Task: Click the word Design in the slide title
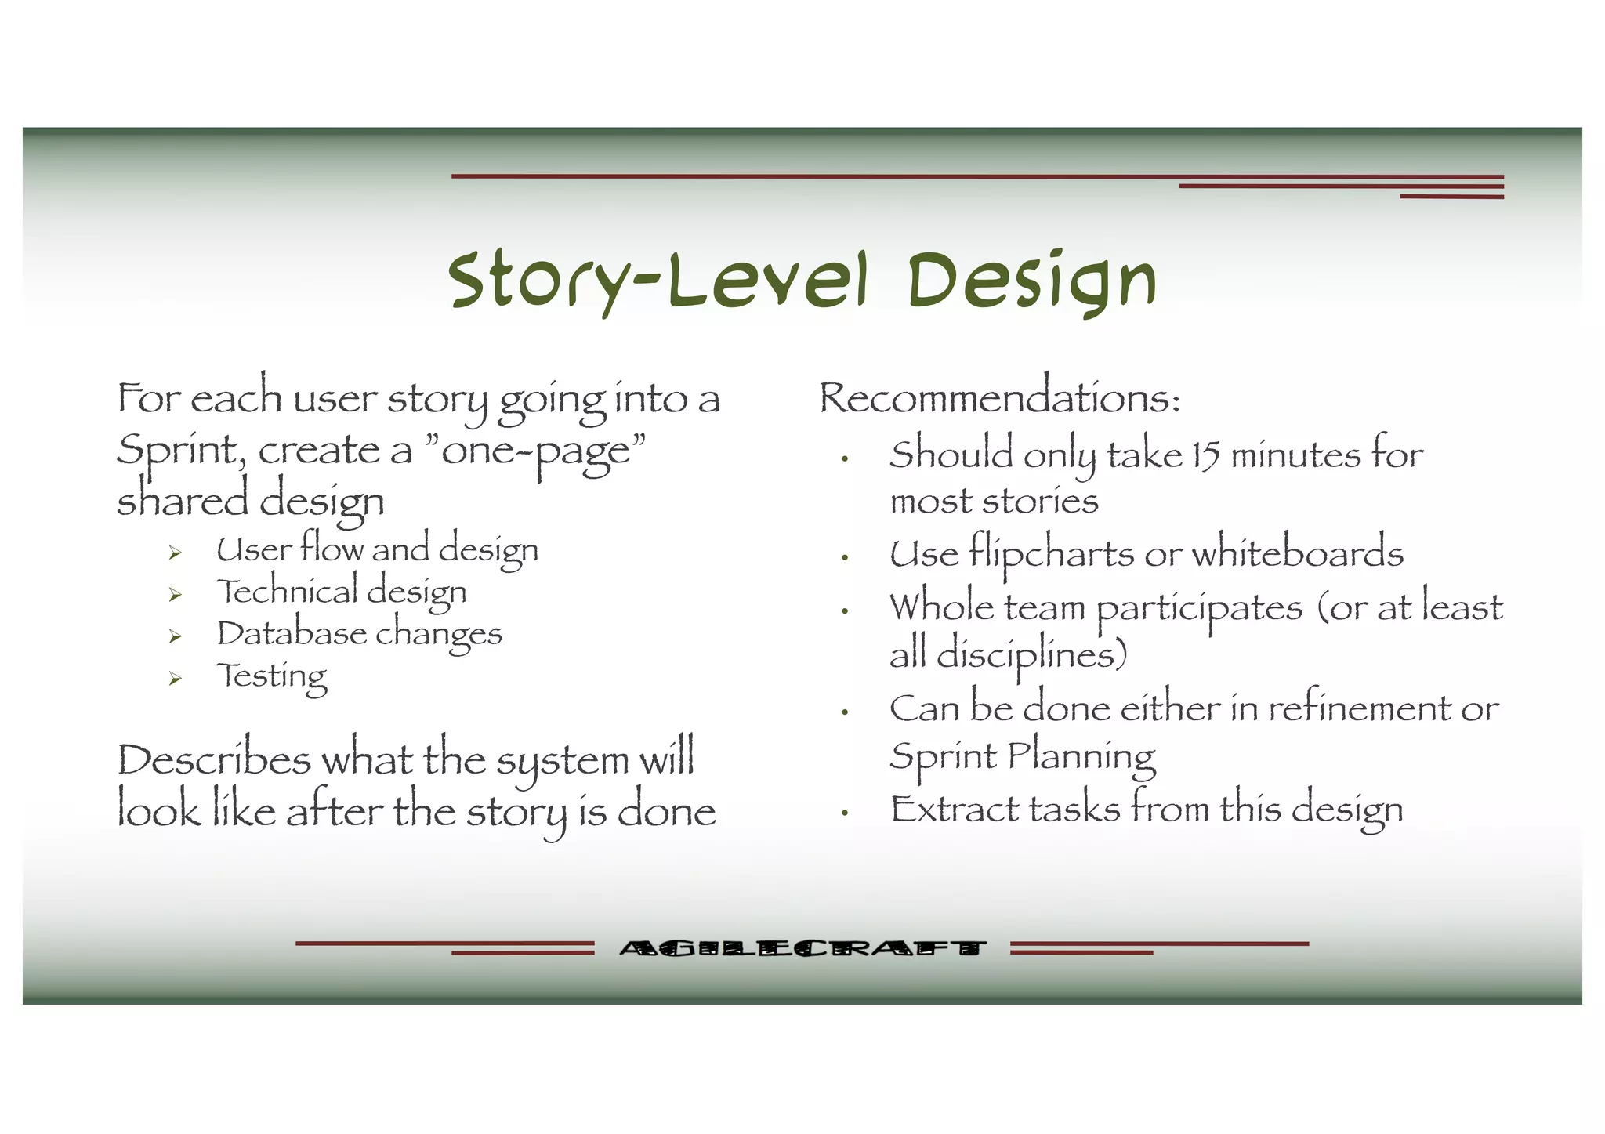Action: click(1031, 281)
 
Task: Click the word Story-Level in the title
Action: click(658, 281)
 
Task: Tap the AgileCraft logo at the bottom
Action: click(802, 949)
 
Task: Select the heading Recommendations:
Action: click(999, 397)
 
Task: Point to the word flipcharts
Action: click(1051, 553)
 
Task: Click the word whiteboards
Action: click(1297, 553)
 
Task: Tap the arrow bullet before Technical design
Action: click(175, 596)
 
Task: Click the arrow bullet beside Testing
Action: click(175, 679)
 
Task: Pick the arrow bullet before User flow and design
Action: click(175, 553)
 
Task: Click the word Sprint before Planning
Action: click(944, 757)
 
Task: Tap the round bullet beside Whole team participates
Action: click(844, 611)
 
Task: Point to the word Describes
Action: click(214, 760)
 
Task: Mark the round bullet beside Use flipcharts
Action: click(844, 559)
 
